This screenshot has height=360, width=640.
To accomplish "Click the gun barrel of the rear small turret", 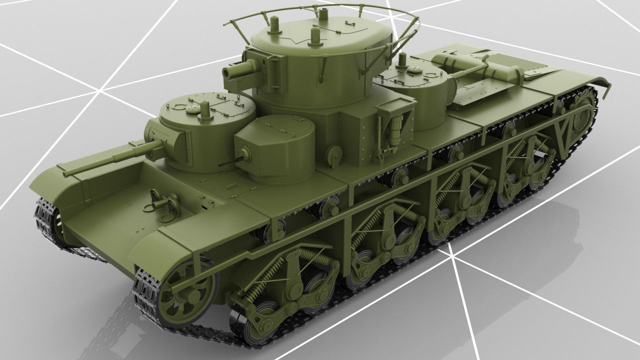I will coord(470,70).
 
